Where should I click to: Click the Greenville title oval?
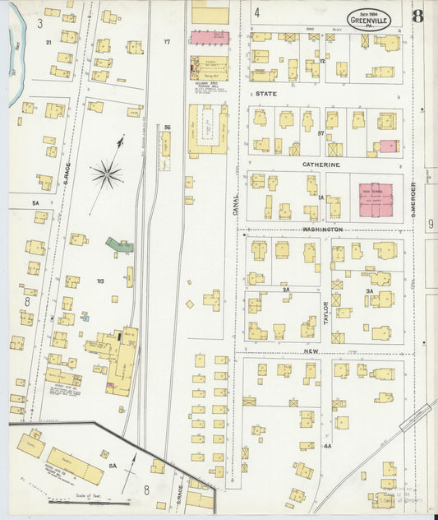point(368,19)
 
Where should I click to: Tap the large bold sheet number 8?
point(417,17)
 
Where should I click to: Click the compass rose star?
point(107,174)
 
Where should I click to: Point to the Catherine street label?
point(320,165)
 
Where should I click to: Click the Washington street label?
point(321,229)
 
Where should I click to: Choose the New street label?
point(311,351)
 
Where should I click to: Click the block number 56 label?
point(167,127)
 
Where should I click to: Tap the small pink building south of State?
point(388,146)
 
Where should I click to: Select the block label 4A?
point(327,445)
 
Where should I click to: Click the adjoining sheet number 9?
point(430,223)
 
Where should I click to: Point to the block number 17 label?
point(166,41)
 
